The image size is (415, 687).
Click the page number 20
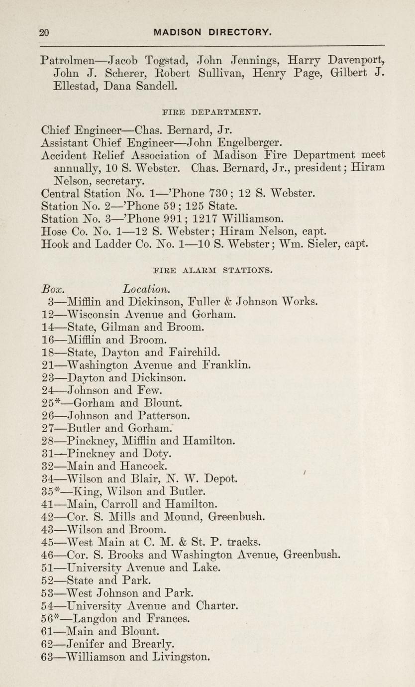(44, 33)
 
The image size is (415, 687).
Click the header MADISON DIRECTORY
(213, 33)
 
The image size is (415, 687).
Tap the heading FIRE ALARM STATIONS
(212, 272)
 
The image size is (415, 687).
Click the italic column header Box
(51, 289)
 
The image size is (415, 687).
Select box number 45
(48, 542)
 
